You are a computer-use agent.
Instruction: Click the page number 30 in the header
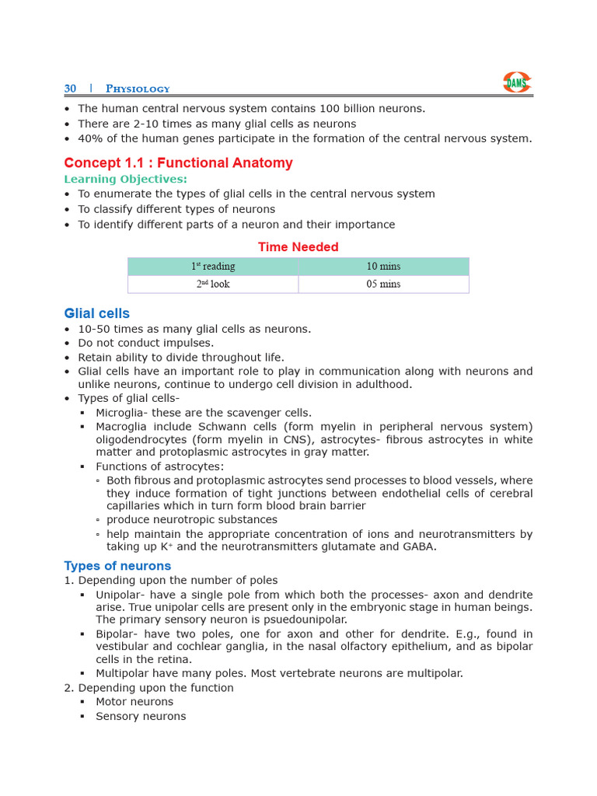[70, 89]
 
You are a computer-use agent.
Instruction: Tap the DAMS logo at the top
[517, 82]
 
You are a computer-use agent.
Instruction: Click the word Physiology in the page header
[138, 89]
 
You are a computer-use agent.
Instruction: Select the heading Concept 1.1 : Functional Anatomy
[178, 162]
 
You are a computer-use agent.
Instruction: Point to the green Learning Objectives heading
[125, 179]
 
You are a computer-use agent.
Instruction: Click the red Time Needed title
[298, 247]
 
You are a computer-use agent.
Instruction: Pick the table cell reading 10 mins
[383, 267]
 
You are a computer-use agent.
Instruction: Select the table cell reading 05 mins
[383, 285]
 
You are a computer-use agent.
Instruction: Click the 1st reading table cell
[213, 267]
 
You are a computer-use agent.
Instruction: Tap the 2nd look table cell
[213, 285]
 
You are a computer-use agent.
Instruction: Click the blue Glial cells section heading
[96, 313]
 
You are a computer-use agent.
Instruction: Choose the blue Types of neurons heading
[117, 566]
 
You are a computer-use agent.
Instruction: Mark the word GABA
[419, 546]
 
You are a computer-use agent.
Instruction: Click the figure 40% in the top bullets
[89, 138]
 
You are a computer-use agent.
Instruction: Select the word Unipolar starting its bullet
[119, 595]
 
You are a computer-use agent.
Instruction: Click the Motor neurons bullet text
[134, 702]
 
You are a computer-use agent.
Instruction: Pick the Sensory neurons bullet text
[141, 717]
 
